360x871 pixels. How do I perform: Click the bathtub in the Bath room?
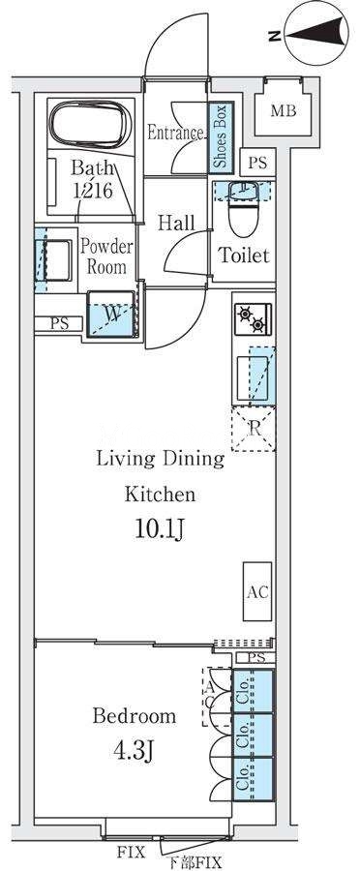[91, 125]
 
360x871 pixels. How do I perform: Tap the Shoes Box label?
[221, 135]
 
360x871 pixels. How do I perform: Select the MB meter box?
[284, 111]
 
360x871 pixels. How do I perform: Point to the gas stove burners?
[253, 318]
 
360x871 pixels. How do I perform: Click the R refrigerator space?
[254, 428]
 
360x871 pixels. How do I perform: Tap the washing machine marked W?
[111, 314]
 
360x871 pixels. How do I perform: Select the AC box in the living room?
[257, 591]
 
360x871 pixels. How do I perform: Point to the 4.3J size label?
[133, 752]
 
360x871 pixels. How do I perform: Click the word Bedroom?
[135, 715]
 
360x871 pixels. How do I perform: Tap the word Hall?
[177, 223]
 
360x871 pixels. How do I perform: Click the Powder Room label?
[106, 256]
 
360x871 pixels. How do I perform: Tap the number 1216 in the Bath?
[93, 191]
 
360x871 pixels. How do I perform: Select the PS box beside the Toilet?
[257, 164]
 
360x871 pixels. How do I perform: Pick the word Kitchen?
[160, 494]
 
